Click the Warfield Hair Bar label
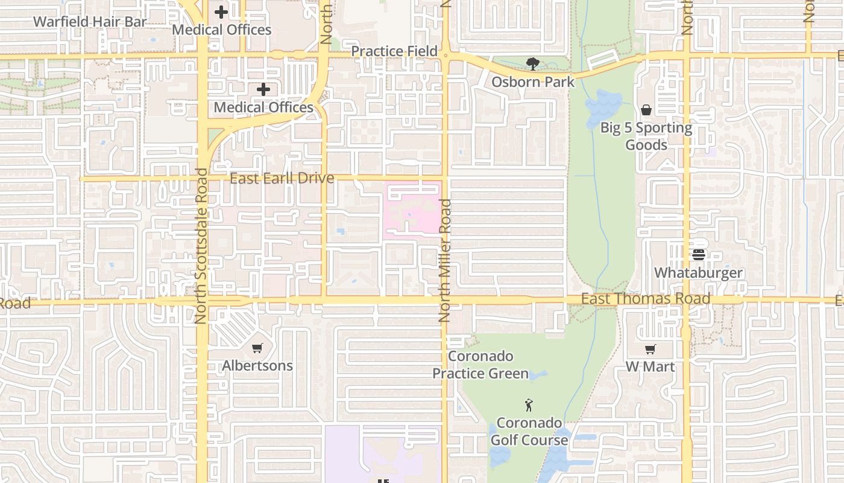90,22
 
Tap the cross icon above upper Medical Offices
221,11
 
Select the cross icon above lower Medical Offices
263,89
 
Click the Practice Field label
394,51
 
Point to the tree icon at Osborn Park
532,63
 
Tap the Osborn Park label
533,82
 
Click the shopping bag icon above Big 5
646,110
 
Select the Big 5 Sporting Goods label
646,136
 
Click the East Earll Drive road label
282,178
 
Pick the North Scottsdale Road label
201,246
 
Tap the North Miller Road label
446,260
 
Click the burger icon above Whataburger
699,255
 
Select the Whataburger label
699,273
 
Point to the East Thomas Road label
646,299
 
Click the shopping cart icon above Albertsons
257,348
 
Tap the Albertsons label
257,366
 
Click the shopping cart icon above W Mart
650,350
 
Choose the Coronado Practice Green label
480,365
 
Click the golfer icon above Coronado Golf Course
529,405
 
